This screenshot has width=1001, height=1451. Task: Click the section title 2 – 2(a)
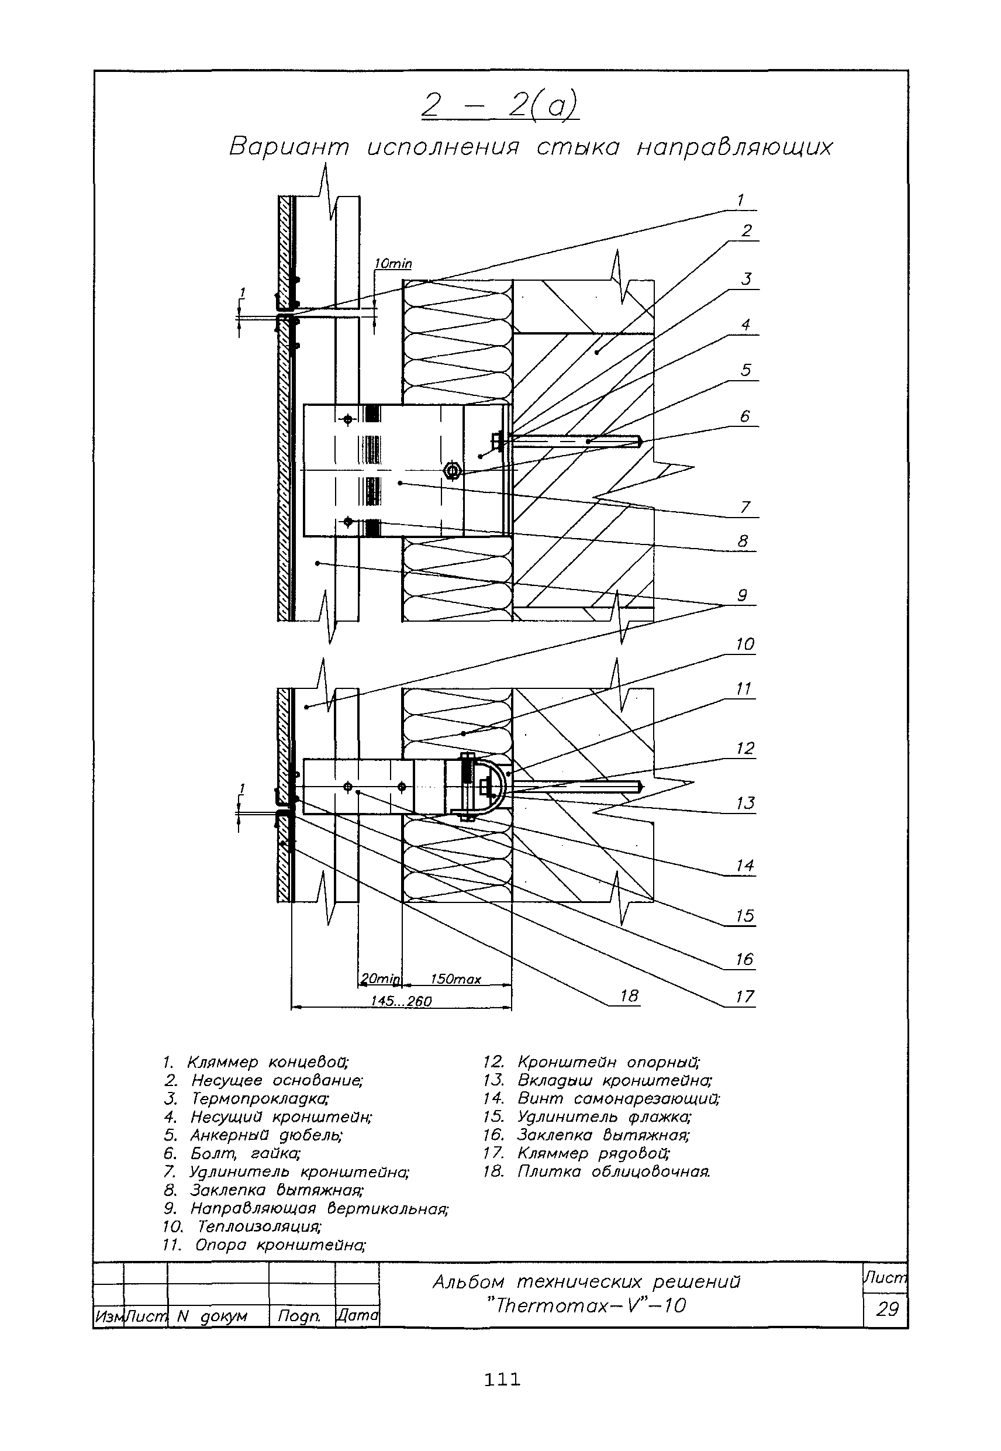[500, 105]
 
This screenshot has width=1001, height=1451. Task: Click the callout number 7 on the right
[745, 506]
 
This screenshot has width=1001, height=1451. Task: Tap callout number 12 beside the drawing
[745, 748]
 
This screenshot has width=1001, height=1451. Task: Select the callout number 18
[629, 995]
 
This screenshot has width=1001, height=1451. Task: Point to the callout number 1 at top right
[740, 200]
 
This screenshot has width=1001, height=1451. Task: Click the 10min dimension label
[394, 264]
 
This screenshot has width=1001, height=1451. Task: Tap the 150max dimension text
[456, 979]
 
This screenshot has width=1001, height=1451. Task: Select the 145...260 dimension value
[402, 1001]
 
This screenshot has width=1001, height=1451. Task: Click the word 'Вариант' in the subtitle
[288, 147]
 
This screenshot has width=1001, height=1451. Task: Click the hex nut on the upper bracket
[451, 470]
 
